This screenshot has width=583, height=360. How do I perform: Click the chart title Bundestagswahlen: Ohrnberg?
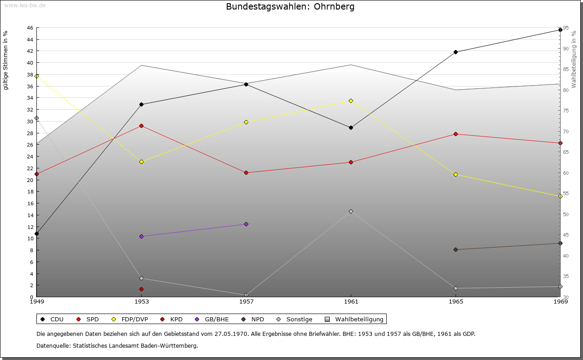click(x=290, y=7)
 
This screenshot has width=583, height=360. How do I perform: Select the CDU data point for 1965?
click(x=455, y=52)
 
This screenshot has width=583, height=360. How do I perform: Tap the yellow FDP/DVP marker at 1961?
click(x=351, y=101)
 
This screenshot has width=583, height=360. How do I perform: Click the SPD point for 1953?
click(x=141, y=126)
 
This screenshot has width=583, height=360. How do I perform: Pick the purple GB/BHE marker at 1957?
click(x=246, y=224)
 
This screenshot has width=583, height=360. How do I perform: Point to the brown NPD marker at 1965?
click(x=455, y=249)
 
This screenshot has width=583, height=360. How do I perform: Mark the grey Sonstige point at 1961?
click(x=351, y=211)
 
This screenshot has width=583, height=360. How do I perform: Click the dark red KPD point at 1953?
click(x=141, y=289)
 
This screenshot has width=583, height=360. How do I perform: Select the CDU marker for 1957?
click(x=246, y=84)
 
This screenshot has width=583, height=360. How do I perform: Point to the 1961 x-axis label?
click(x=351, y=301)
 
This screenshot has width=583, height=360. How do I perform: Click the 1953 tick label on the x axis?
click(x=141, y=301)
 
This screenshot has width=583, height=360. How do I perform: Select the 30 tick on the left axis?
click(x=30, y=121)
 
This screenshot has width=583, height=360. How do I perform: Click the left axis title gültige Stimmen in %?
click(x=6, y=60)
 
